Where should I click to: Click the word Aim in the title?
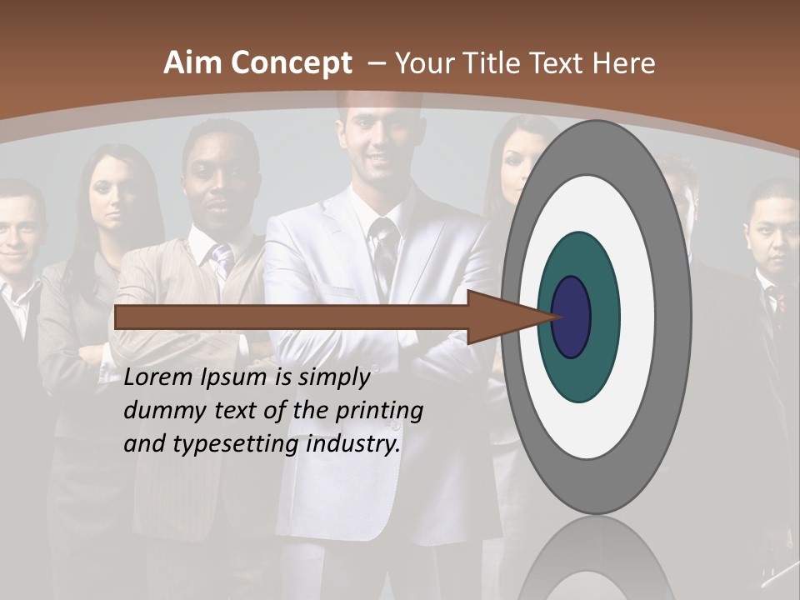point(192,63)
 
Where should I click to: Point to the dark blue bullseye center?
point(571,317)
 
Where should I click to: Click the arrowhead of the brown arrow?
point(508,317)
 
